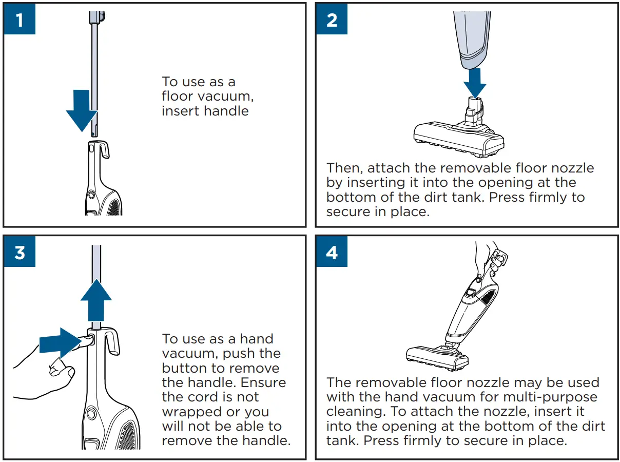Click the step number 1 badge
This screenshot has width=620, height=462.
click(20, 20)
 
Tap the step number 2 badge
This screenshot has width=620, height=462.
click(332, 20)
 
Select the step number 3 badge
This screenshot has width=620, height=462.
click(20, 252)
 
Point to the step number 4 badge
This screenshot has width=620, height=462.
click(332, 252)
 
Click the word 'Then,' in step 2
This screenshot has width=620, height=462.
click(344, 168)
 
